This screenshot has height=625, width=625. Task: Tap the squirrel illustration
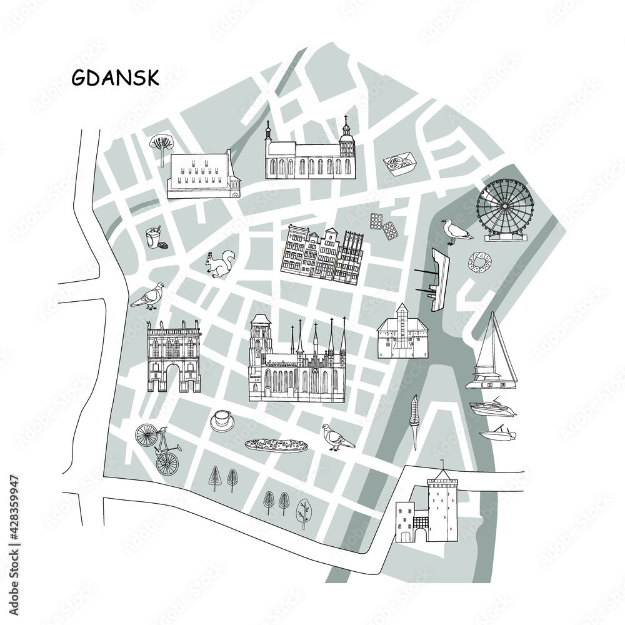[x=221, y=264]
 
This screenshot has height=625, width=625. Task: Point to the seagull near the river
[x=456, y=232]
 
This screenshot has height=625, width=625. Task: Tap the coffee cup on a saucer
[x=222, y=420]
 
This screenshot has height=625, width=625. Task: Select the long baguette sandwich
[x=276, y=445]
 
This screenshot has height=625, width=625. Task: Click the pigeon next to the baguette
[x=337, y=437]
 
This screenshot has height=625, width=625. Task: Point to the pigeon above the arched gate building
[x=149, y=297]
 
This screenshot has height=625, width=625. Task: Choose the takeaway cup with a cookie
[x=153, y=237]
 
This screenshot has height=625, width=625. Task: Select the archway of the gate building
[x=172, y=378]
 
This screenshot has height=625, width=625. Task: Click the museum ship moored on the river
[x=439, y=278]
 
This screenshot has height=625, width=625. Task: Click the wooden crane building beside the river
[x=402, y=333]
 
